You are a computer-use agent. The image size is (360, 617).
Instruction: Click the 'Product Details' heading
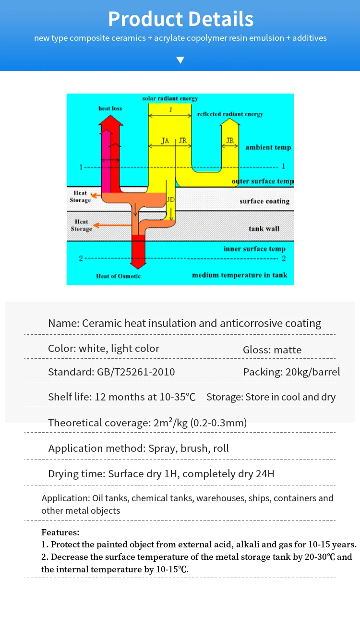(180, 19)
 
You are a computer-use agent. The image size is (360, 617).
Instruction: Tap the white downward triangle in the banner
(180, 60)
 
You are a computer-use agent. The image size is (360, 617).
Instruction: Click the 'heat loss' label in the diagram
(110, 109)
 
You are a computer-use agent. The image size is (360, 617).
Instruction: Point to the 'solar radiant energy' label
(170, 98)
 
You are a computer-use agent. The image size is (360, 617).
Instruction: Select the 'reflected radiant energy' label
(230, 114)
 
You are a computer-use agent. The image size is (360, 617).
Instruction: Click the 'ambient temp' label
(268, 147)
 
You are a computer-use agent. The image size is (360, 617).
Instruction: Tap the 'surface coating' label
(264, 201)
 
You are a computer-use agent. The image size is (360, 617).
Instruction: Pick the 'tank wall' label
(264, 229)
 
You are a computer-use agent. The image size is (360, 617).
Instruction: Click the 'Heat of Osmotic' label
(118, 276)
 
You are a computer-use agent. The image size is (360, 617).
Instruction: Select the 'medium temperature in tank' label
(240, 275)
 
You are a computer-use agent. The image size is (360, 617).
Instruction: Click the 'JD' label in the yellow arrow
(170, 199)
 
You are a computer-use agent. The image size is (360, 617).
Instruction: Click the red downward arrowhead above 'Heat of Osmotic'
(138, 262)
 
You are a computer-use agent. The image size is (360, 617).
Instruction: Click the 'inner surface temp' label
(254, 249)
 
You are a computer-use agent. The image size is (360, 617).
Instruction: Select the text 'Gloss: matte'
(272, 350)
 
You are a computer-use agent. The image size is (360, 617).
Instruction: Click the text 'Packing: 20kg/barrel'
(291, 372)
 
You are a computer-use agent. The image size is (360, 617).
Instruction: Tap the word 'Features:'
(60, 532)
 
